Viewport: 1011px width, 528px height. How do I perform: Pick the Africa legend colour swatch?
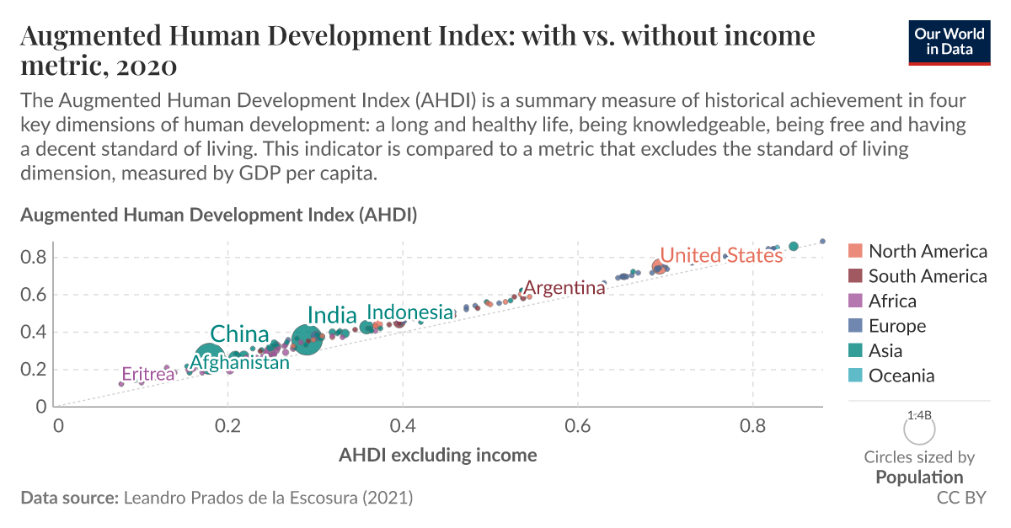pos(855,301)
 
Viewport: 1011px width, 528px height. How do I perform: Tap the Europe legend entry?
pos(896,326)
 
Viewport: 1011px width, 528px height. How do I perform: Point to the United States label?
pos(721,255)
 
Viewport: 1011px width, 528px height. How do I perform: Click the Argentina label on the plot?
pos(564,288)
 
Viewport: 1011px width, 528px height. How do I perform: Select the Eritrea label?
pos(147,374)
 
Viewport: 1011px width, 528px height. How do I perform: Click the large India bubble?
pos(308,341)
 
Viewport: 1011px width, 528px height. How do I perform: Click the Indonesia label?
pos(409,312)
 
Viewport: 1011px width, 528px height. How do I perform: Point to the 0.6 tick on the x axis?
pos(578,425)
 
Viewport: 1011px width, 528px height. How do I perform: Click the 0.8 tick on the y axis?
pos(34,257)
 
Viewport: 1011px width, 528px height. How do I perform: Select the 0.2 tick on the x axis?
pos(227,425)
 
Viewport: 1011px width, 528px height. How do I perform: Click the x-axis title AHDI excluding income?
pos(437,456)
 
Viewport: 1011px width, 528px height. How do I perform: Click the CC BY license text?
pos(960,498)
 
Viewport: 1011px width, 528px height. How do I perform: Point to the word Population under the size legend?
pos(918,477)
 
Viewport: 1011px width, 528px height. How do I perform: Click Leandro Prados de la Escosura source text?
pos(268,498)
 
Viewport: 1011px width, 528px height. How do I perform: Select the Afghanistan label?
pos(239,363)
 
